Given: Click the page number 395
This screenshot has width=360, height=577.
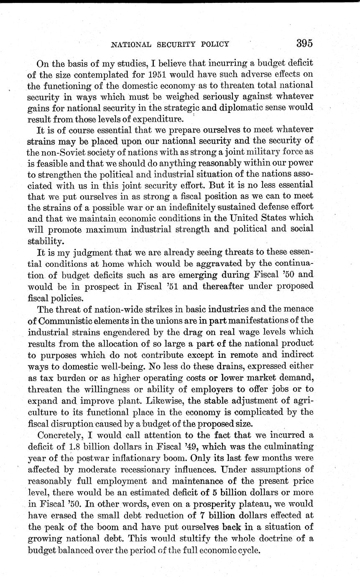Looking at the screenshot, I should [x=305, y=43].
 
